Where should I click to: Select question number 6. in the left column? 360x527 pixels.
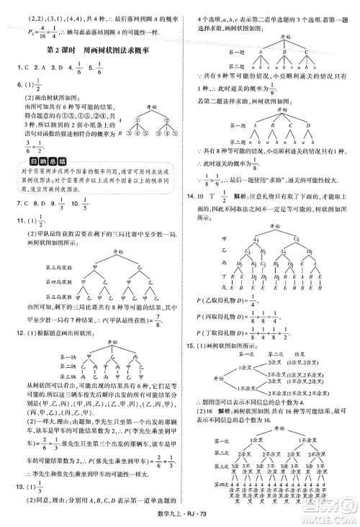7,85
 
